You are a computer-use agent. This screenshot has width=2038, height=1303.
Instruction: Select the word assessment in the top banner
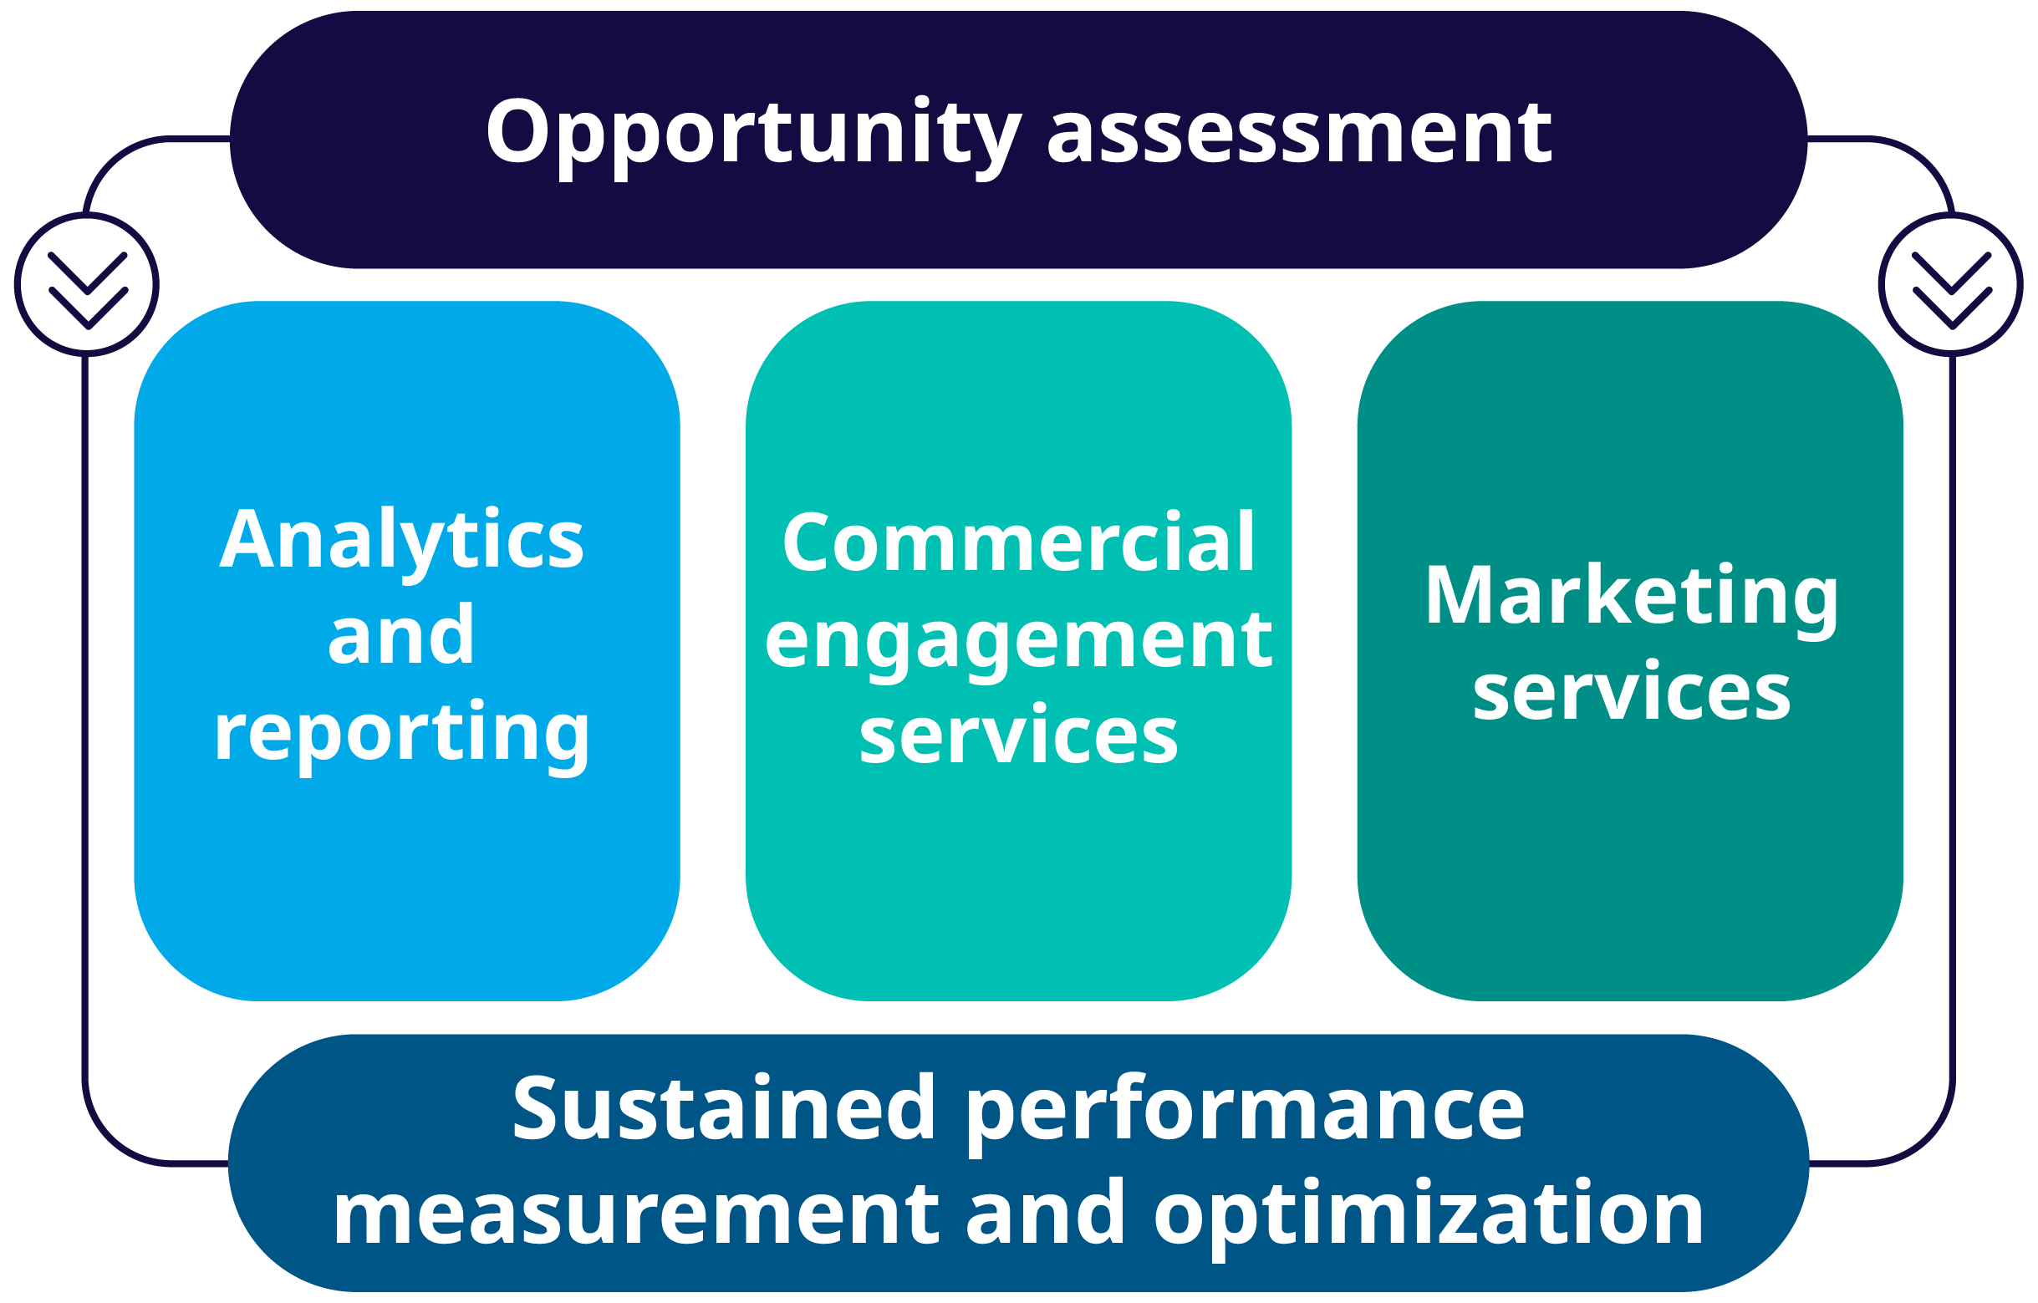pos(1299,135)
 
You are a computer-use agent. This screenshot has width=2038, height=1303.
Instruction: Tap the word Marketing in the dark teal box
pos(1632,599)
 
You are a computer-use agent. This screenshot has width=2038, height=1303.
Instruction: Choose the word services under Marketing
pos(1632,692)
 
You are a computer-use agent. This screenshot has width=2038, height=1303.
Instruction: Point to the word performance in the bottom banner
pos(1244,1114)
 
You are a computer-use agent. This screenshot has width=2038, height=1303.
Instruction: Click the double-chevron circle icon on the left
pos(86,285)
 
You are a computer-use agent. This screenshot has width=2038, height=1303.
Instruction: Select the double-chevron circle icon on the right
pos(1951,285)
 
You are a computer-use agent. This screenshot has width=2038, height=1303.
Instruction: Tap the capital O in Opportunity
pos(518,131)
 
